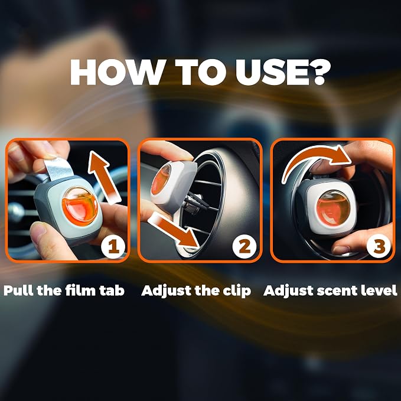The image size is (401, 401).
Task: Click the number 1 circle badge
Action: click(x=113, y=247)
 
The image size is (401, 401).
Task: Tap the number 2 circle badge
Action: click(x=244, y=247)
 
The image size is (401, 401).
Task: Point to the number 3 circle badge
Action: click(x=379, y=246)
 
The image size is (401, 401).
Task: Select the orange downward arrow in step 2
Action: click(x=174, y=231)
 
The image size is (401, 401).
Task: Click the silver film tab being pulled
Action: click(x=58, y=168)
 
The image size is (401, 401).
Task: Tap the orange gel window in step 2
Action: click(x=161, y=180)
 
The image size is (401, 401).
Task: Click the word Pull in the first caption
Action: click(x=18, y=291)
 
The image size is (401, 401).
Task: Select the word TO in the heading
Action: click(x=199, y=72)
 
